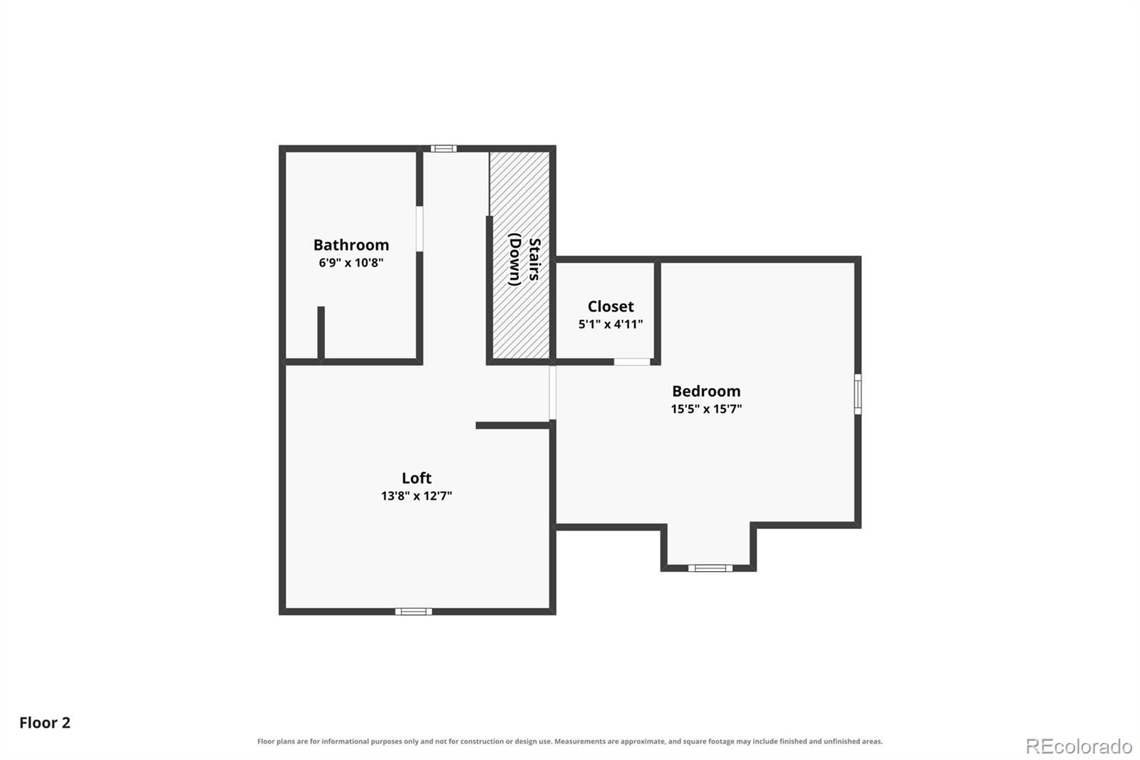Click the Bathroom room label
(x=351, y=245)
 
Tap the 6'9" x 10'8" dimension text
(x=351, y=263)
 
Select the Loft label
(x=416, y=478)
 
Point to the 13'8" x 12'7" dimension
(x=416, y=495)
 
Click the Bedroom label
(x=706, y=391)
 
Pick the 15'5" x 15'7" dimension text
(x=706, y=409)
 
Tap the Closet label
(x=610, y=306)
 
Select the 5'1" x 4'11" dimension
(x=610, y=324)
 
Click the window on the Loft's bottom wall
(x=413, y=611)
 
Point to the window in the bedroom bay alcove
(x=710, y=568)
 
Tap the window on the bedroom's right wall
(x=858, y=394)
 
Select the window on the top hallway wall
(x=443, y=149)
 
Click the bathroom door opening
(x=420, y=229)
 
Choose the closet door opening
(x=631, y=361)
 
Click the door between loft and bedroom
(x=552, y=392)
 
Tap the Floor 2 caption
(x=45, y=723)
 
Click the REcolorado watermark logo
(x=1079, y=746)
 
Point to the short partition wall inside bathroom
(x=321, y=333)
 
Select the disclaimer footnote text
(x=569, y=741)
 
